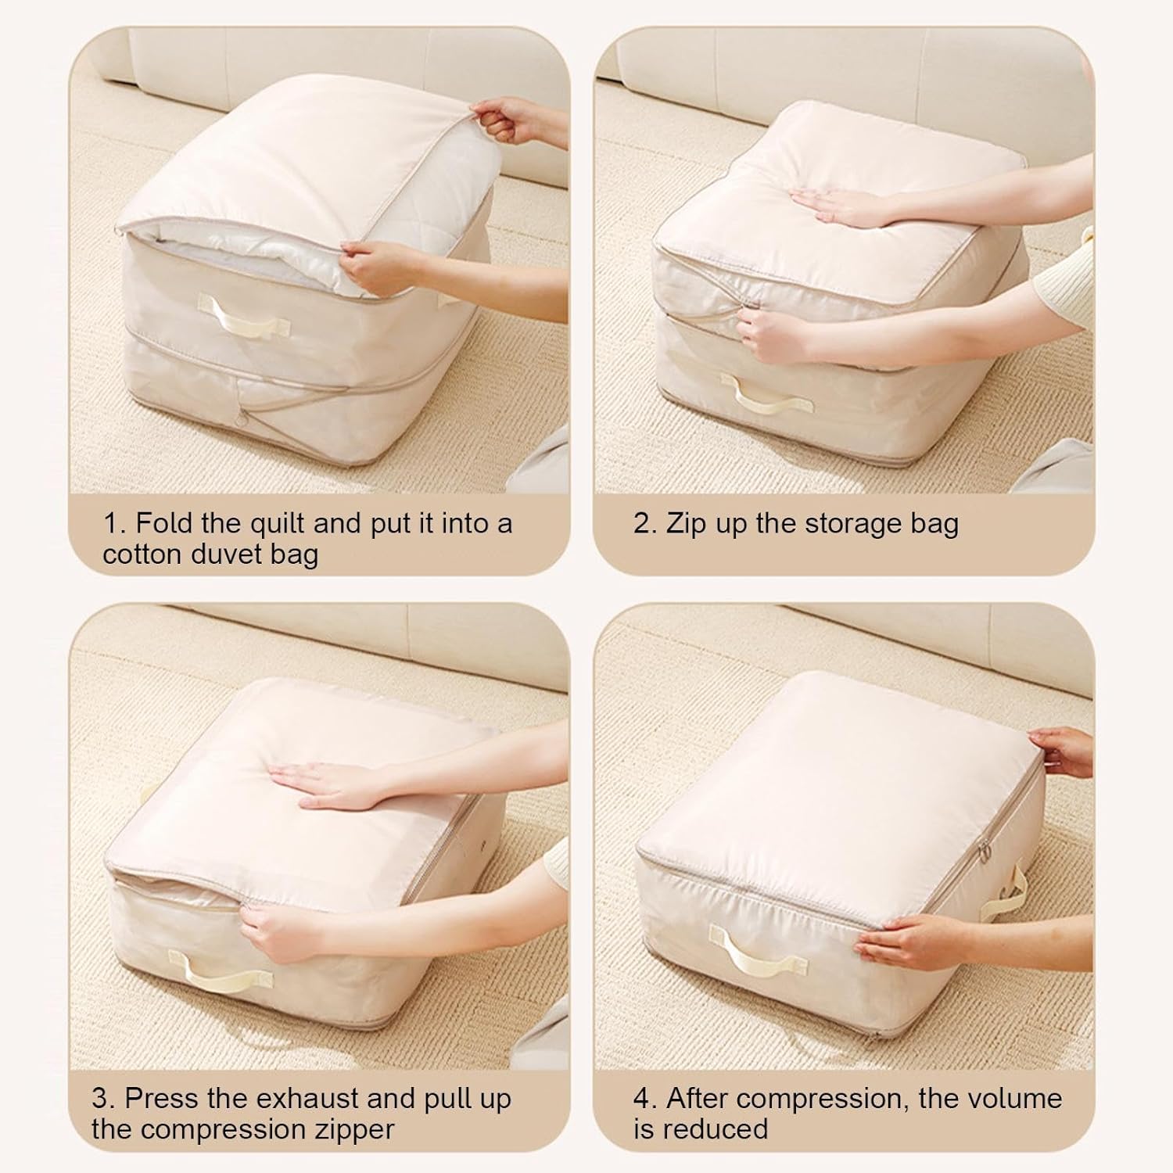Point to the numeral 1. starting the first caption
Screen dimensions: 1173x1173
115,522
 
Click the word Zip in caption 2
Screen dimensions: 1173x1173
687,523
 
